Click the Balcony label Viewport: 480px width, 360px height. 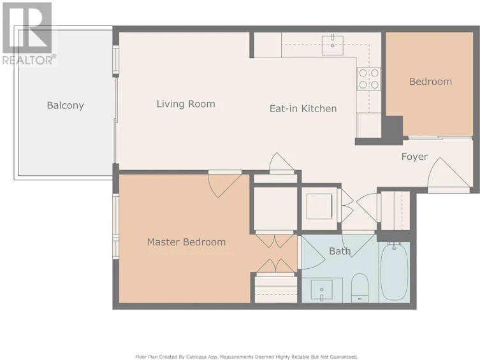[65, 105]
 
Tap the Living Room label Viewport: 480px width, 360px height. [185, 104]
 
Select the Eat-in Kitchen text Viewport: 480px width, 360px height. [303, 108]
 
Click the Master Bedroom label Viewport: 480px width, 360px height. [186, 242]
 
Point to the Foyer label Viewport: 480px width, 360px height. [414, 157]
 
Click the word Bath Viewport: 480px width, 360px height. [340, 251]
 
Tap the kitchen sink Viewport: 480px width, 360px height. [333, 45]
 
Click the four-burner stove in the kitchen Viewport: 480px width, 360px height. [368, 78]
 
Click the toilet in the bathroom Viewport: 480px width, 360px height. [360, 287]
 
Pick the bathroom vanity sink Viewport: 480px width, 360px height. [322, 290]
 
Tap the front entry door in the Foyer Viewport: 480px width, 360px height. [448, 174]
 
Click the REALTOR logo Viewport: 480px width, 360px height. [28, 34]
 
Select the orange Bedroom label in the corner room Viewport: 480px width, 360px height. [430, 82]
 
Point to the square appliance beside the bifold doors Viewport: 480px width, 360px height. [319, 206]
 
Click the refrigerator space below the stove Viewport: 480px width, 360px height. [369, 126]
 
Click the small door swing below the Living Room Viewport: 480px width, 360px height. [281, 162]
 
